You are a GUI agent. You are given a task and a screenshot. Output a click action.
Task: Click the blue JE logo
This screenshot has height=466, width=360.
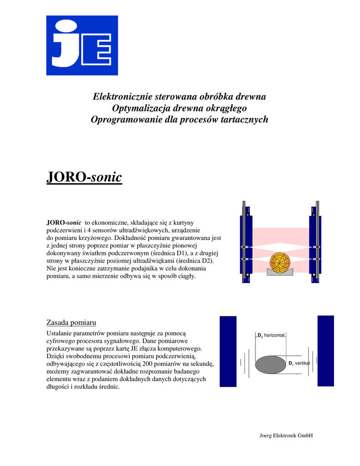click(x=82, y=45)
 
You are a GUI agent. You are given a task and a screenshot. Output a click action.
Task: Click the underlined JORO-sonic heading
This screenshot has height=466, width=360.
click(x=84, y=177)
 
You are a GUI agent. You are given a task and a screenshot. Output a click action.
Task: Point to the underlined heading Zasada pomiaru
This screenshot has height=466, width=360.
click(x=71, y=323)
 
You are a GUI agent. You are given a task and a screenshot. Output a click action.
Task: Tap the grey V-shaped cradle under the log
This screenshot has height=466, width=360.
click(x=280, y=272)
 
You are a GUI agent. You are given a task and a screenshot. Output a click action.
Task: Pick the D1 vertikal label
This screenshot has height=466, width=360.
click(x=299, y=363)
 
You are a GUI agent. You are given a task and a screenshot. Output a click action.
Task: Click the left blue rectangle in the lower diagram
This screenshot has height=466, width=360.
click(x=228, y=351)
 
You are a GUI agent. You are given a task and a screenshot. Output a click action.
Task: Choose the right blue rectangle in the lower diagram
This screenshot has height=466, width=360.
click(x=325, y=350)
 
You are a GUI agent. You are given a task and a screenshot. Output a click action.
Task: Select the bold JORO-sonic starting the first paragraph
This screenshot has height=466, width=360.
click(x=64, y=223)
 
